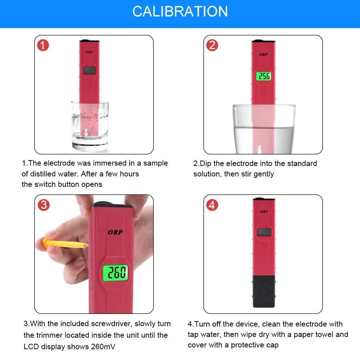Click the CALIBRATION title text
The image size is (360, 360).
(x=180, y=12)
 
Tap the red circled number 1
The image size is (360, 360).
(x=43, y=45)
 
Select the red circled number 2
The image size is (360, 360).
(x=212, y=45)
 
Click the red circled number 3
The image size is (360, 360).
(x=44, y=205)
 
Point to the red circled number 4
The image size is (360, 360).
(x=212, y=205)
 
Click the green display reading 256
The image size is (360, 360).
(x=264, y=76)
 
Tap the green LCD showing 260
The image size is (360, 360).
(x=115, y=273)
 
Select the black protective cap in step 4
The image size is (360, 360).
(x=264, y=291)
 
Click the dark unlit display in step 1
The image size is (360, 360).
(x=89, y=71)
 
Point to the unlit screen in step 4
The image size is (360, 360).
(x=264, y=232)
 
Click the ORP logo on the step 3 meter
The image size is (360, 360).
(x=115, y=232)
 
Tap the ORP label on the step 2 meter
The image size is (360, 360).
(x=264, y=55)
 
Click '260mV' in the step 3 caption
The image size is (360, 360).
(x=103, y=346)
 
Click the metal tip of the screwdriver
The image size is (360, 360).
(x=86, y=246)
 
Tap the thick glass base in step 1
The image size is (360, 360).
(x=90, y=146)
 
